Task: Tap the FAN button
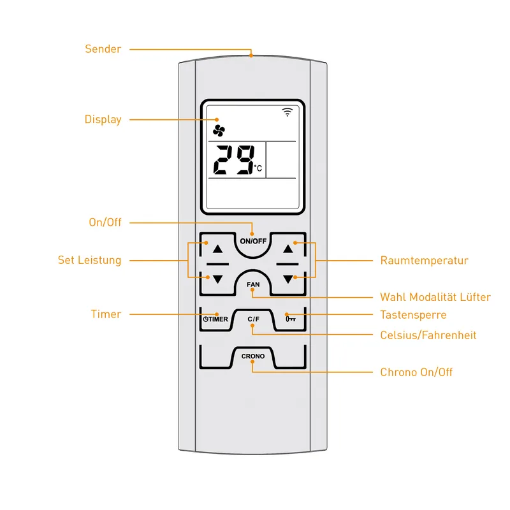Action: point(252,284)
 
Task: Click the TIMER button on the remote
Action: point(215,319)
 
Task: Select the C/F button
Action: point(253,319)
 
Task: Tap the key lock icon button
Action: point(291,319)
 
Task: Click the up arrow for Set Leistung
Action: point(217,249)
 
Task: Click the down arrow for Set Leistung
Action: point(217,279)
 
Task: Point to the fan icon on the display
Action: point(219,131)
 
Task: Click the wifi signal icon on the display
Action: point(288,112)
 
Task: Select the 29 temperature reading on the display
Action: point(234,160)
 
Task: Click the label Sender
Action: point(103,49)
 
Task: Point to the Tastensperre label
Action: point(413,315)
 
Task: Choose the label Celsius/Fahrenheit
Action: point(428,335)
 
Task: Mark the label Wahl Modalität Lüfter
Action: point(435,297)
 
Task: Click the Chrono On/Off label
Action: point(416,372)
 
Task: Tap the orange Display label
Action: point(103,119)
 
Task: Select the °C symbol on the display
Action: point(258,168)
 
